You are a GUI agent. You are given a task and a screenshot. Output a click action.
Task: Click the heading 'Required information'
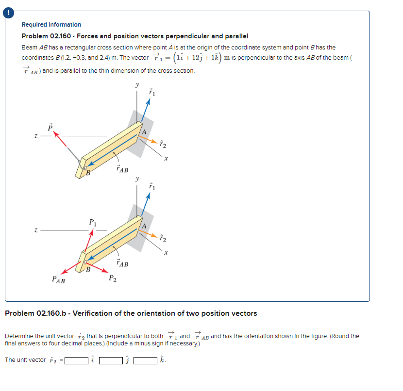coord(51,25)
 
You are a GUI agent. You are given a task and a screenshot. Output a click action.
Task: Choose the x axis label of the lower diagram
coord(166,253)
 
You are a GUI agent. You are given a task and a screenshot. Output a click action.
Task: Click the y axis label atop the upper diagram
coord(137,85)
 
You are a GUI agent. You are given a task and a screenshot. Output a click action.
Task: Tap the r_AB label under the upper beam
coord(123,170)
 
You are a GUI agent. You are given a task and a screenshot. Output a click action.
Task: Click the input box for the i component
coord(77,360)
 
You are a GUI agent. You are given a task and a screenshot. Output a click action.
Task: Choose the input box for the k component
coord(147,360)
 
